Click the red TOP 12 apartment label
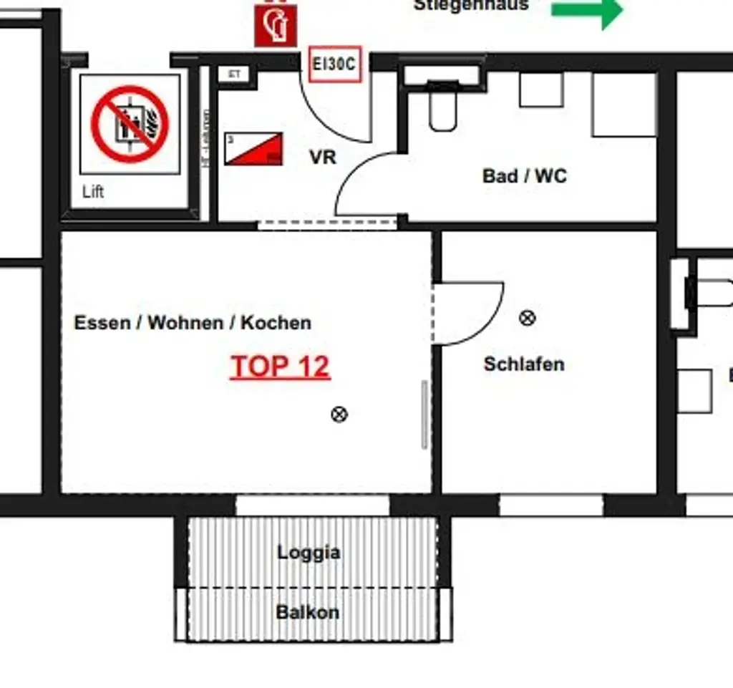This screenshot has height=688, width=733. (x=280, y=367)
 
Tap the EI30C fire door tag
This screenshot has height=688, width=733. (x=334, y=64)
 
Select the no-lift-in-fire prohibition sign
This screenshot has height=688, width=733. (x=130, y=123)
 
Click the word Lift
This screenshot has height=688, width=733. (x=93, y=192)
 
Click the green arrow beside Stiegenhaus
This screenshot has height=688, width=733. (x=587, y=11)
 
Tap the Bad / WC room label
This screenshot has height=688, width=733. (x=525, y=176)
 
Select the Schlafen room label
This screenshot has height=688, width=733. (x=524, y=364)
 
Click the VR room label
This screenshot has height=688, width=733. (x=323, y=157)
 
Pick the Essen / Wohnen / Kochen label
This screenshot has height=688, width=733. (x=193, y=323)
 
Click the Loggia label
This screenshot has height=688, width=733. (x=309, y=553)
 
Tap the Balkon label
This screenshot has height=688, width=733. (x=308, y=613)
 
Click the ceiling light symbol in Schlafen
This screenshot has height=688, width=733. (x=528, y=317)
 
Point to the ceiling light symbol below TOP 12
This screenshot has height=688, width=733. (x=339, y=414)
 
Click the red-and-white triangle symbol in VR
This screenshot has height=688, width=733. (x=253, y=149)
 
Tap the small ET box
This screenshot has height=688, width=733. (x=233, y=74)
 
